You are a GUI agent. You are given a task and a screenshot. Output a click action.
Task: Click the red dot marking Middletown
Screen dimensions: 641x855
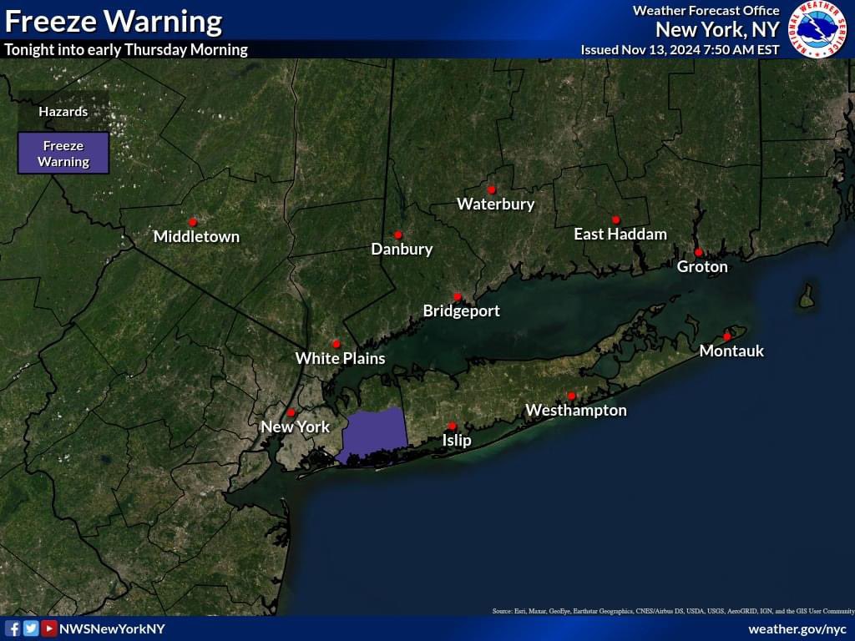pyautogui.click(x=193, y=222)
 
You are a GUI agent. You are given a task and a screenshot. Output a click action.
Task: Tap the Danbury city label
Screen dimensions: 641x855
pyautogui.click(x=402, y=249)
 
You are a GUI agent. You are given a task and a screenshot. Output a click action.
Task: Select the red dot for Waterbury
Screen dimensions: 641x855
pyautogui.click(x=492, y=189)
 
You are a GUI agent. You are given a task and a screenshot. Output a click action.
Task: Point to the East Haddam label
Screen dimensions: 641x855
pyautogui.click(x=620, y=235)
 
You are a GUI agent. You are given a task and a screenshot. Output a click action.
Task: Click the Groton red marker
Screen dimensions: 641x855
pyautogui.click(x=698, y=252)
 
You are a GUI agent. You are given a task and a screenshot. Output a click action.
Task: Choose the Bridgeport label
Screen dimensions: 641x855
pyautogui.click(x=461, y=311)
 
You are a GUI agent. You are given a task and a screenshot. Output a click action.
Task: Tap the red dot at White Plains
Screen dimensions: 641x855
pyautogui.click(x=336, y=344)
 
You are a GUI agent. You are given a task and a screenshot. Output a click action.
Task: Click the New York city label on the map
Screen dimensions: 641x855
pyautogui.click(x=295, y=426)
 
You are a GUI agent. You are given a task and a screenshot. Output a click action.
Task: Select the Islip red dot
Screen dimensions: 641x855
pyautogui.click(x=452, y=426)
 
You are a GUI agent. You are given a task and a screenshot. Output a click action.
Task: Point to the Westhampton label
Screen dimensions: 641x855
pyautogui.click(x=575, y=410)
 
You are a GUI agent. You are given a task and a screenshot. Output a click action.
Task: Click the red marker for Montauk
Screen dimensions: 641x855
pyautogui.click(x=727, y=336)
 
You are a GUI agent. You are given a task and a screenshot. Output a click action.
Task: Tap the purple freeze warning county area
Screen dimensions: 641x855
pyautogui.click(x=374, y=434)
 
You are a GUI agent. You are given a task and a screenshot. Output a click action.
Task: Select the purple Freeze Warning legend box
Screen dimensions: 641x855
pyautogui.click(x=63, y=154)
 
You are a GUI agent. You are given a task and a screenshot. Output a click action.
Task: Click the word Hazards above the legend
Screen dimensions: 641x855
pyautogui.click(x=63, y=111)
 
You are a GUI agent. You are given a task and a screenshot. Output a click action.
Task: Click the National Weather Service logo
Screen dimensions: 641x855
pyautogui.click(x=819, y=28)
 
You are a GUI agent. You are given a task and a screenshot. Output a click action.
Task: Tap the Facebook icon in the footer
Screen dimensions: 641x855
pyautogui.click(x=13, y=628)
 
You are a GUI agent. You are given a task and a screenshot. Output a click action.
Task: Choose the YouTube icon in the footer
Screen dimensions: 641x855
pyautogui.click(x=49, y=628)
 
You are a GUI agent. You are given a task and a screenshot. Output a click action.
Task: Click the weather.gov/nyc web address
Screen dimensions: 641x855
pyautogui.click(x=797, y=628)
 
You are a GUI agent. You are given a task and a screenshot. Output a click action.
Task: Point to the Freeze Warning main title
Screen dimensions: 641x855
pyautogui.click(x=114, y=21)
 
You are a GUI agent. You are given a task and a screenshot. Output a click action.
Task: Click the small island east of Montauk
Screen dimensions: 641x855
pyautogui.click(x=806, y=297)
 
